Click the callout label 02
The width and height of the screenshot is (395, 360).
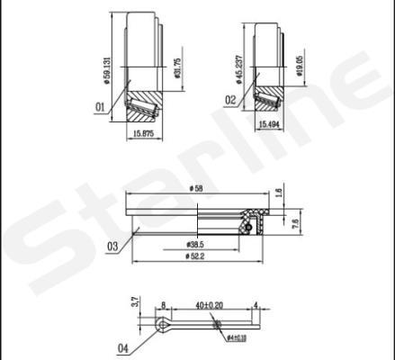(x=230, y=99)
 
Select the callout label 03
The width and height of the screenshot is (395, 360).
(x=112, y=245)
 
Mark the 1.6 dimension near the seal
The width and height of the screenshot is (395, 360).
(x=280, y=192)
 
